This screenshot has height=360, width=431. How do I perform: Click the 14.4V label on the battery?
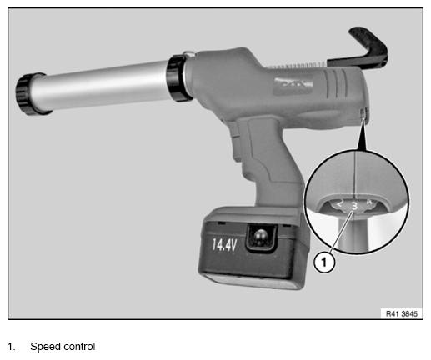(x=224, y=245)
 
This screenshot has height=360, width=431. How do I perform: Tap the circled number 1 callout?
(x=324, y=262)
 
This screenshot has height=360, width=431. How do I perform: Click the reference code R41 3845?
(x=402, y=313)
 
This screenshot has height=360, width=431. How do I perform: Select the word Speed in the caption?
(x=45, y=347)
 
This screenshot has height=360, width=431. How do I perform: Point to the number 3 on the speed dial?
(x=354, y=206)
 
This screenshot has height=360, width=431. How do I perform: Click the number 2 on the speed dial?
(x=340, y=203)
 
